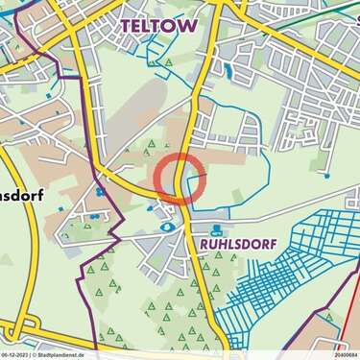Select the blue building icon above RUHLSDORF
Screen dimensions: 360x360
[x=216, y=229]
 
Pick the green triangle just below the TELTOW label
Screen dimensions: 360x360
[x=169, y=62]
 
